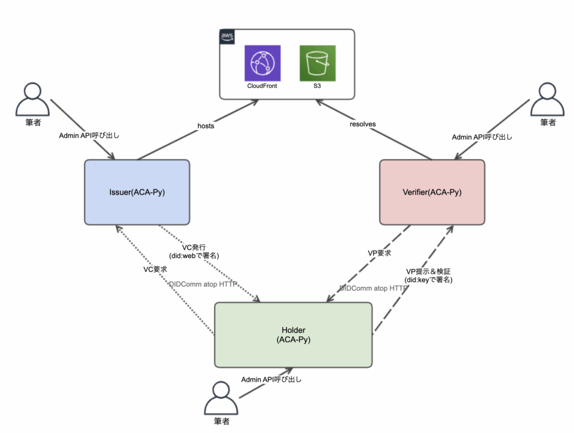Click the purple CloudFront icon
click(x=262, y=63)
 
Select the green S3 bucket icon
click(x=317, y=63)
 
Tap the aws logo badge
click(x=227, y=36)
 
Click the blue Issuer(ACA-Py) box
click(x=137, y=192)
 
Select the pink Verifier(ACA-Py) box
click(x=432, y=192)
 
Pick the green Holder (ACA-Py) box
click(x=293, y=335)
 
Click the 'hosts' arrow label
click(x=206, y=126)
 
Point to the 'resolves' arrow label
click(x=363, y=124)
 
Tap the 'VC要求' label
click(x=155, y=269)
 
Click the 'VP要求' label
click(x=379, y=253)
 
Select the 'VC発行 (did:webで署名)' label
click(x=194, y=251)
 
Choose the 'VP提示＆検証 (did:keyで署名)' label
click(x=428, y=275)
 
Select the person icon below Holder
click(x=221, y=398)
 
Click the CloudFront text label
click(x=262, y=86)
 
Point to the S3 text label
click(x=317, y=86)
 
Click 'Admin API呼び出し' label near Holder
click(x=271, y=380)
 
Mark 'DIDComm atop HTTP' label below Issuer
click(x=203, y=284)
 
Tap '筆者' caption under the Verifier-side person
click(x=548, y=122)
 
